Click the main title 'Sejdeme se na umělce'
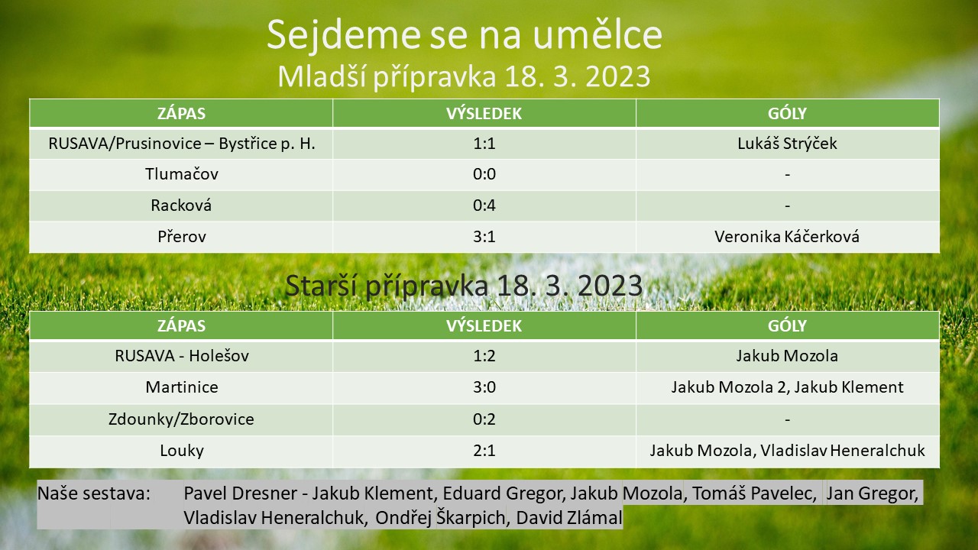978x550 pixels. click(x=464, y=36)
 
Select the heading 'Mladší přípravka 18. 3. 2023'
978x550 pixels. click(x=464, y=77)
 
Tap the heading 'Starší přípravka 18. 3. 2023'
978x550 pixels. click(x=464, y=286)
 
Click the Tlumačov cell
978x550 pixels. click(x=182, y=174)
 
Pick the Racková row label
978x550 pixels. click(x=181, y=205)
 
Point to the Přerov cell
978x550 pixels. click(x=182, y=237)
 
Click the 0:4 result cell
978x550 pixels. click(x=484, y=205)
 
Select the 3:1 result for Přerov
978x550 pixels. click(x=484, y=237)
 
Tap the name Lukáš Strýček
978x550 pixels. click(x=787, y=144)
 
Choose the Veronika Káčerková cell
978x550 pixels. click(x=787, y=237)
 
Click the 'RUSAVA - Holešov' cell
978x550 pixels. click(x=182, y=356)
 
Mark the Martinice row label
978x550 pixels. click(x=182, y=387)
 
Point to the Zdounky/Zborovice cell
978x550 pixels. click(x=181, y=419)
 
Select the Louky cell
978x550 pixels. click(x=182, y=451)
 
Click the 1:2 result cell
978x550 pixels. click(x=484, y=356)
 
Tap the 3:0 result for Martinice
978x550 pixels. click(x=484, y=387)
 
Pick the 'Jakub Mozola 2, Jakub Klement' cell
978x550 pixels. click(x=787, y=387)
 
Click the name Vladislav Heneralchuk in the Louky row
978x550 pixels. click(x=843, y=451)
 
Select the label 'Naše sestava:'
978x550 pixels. click(x=94, y=493)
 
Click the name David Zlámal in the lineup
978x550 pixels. click(x=569, y=518)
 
